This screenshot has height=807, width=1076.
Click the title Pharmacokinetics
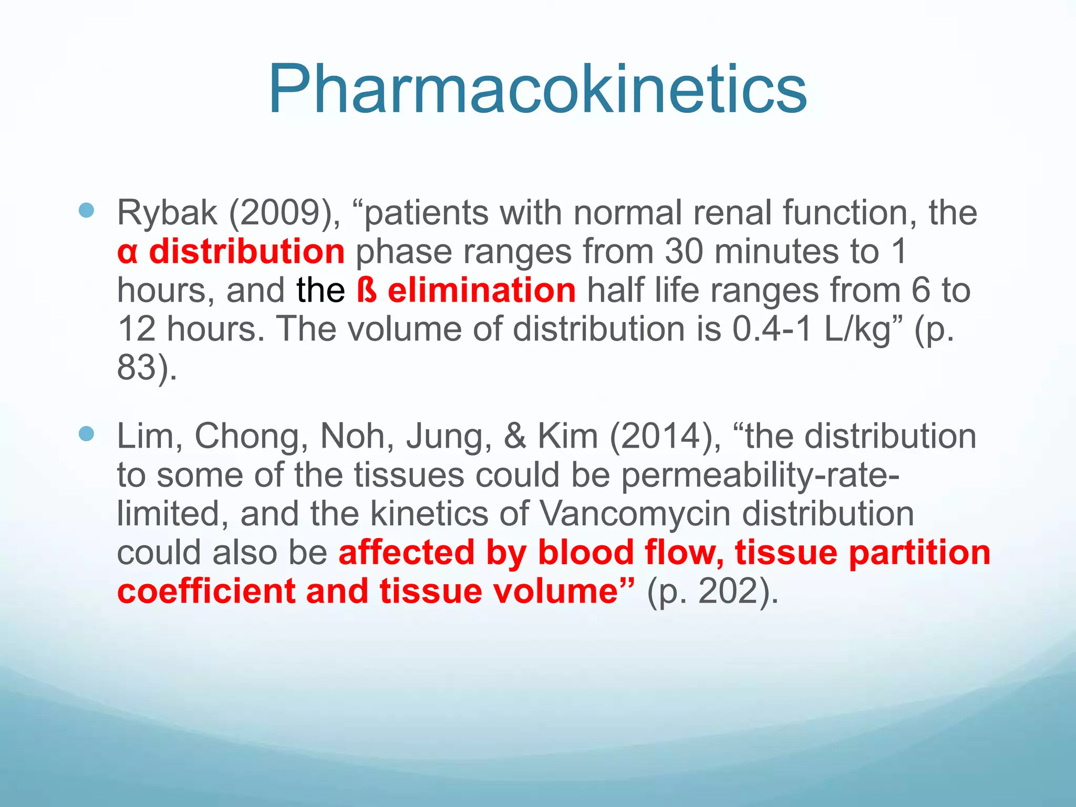coord(537,89)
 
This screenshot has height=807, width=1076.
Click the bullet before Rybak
coord(86,211)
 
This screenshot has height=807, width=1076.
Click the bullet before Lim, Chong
coord(86,434)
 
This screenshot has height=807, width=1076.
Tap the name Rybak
coord(167,213)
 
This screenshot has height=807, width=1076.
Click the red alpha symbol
coord(128,252)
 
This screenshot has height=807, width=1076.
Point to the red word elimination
coord(481,290)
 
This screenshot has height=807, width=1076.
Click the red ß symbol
coord(367,290)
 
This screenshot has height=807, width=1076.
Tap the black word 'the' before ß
coord(320,290)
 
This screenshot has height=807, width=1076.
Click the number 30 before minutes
coord(684,251)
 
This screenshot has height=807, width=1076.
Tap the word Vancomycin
coord(635,514)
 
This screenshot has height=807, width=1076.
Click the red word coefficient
coord(206,591)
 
